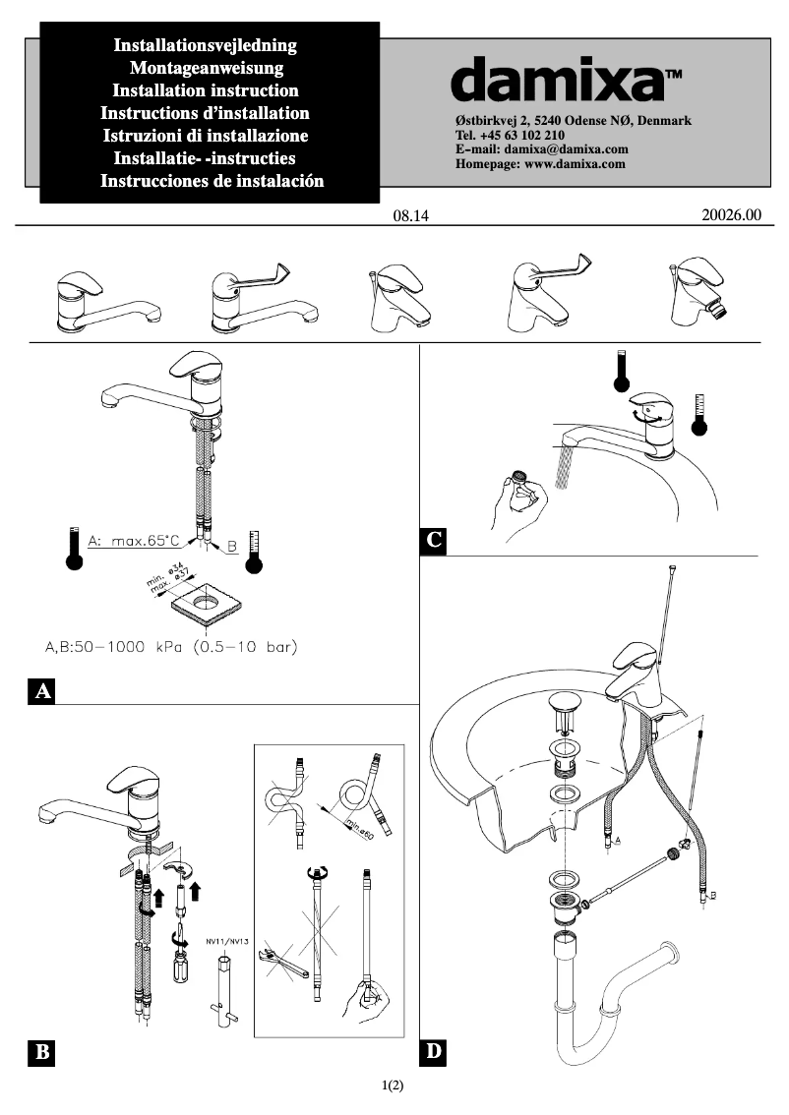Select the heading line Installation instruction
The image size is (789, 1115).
(206, 90)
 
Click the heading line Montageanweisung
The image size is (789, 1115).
(206, 68)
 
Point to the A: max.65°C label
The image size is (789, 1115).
(134, 541)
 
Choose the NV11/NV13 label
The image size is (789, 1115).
(227, 941)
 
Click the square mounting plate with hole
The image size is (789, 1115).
(207, 601)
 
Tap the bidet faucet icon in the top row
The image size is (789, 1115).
(699, 295)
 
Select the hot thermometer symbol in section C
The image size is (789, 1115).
(622, 372)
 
